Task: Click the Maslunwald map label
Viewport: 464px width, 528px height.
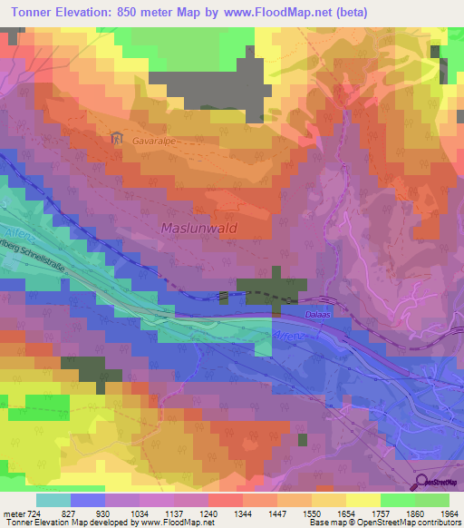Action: [x=198, y=229]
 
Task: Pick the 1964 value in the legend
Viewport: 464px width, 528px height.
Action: [x=438, y=513]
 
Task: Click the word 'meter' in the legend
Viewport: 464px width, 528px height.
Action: [x=13, y=513]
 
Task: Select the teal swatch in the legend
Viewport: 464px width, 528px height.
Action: [x=53, y=500]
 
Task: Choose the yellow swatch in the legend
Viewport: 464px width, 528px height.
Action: [x=362, y=500]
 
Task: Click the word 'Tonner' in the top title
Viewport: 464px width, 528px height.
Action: [x=32, y=12]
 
